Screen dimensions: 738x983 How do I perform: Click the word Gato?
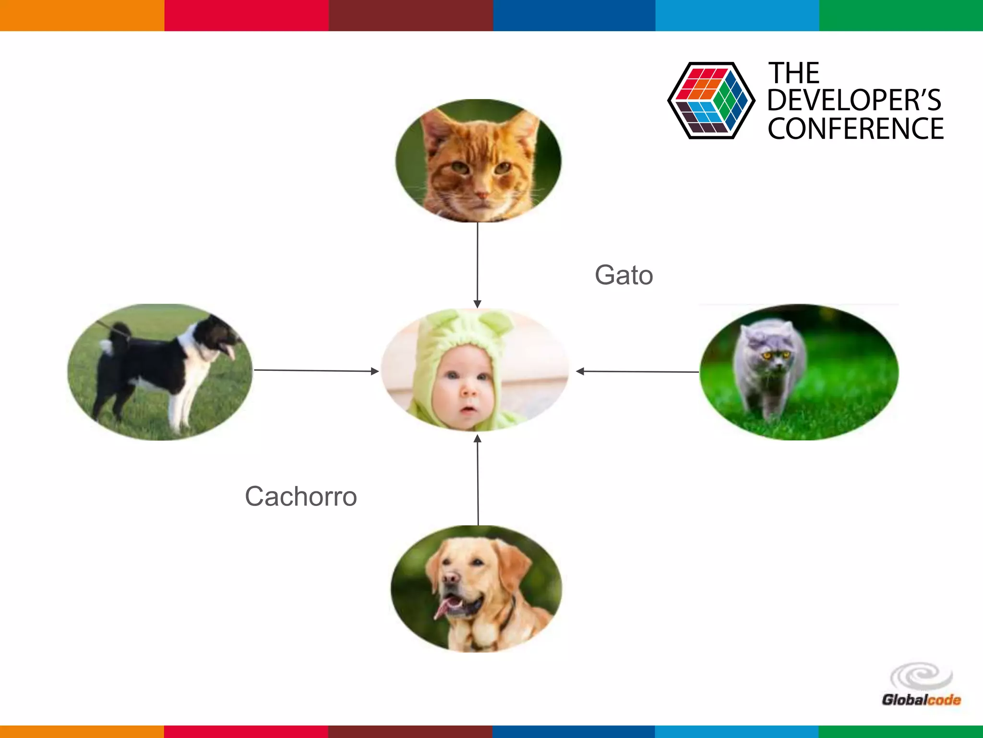[623, 275]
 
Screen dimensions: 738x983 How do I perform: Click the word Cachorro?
[301, 496]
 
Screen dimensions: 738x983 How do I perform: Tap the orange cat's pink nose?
[481, 195]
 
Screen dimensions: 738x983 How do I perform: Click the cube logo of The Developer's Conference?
[711, 100]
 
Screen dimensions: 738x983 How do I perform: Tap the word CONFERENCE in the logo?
[855, 129]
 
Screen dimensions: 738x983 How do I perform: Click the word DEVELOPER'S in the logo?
[854, 100]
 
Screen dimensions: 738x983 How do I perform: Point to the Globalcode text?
[921, 700]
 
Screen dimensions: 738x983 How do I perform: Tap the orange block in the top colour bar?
[82, 15]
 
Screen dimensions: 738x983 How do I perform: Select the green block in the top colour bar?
[901, 15]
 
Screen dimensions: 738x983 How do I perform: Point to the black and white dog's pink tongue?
[231, 353]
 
